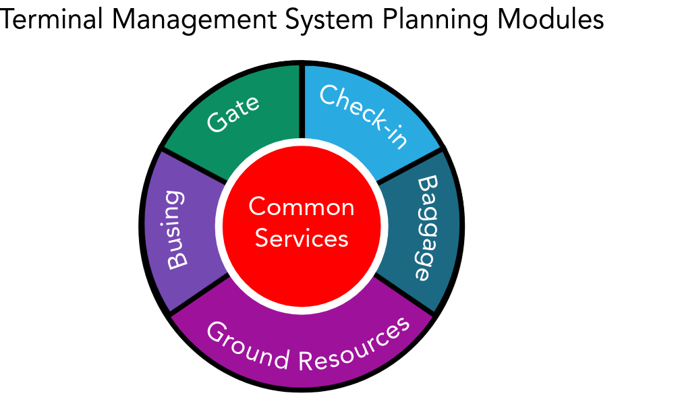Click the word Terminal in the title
[51, 19]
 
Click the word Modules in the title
[550, 19]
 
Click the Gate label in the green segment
[233, 113]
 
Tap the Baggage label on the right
[427, 228]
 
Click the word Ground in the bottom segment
[248, 345]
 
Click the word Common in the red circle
[302, 207]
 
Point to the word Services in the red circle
[302, 238]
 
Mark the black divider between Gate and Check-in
[302, 101]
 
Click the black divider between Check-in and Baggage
[410, 165]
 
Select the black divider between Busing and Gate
[194, 165]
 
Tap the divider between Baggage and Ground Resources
[405, 294]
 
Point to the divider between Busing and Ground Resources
[199, 294]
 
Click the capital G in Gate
[217, 122]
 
